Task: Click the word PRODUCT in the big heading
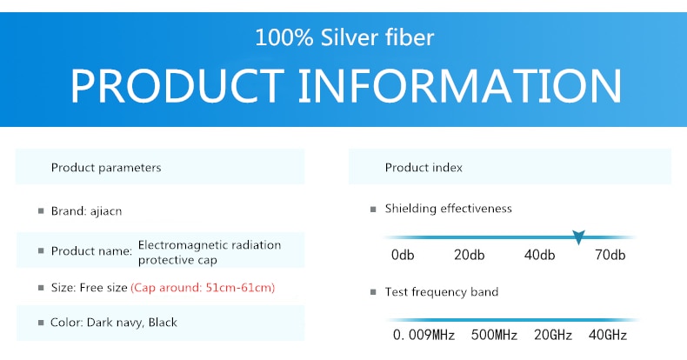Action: point(177,86)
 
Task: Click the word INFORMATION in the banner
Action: point(460,86)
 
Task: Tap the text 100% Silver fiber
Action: point(344,37)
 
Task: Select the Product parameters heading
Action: point(106,168)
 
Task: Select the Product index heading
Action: point(424,168)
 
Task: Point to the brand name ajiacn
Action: point(106,211)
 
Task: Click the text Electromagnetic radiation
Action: point(210,245)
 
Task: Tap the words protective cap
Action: point(177,260)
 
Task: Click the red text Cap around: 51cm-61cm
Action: point(203,288)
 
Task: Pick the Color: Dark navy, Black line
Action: point(114,323)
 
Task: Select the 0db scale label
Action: point(403,255)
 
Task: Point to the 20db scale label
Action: point(470,255)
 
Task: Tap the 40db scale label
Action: point(539,255)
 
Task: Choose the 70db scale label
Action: point(610,255)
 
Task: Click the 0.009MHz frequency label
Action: point(424,335)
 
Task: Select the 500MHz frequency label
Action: point(494,335)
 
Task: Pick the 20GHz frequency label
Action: point(553,335)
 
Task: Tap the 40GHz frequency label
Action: point(608,335)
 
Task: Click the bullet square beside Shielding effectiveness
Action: point(373,210)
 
